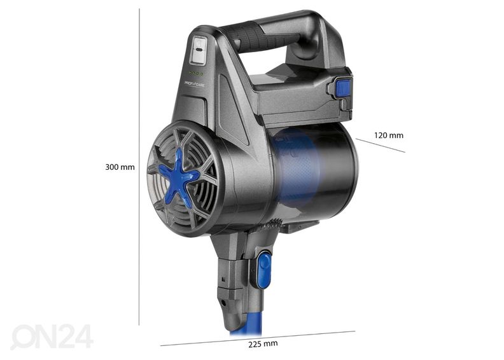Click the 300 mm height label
[x=120, y=167]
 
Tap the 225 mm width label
[x=263, y=343]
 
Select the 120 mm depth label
[x=389, y=135]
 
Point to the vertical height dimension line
[x=139, y=167]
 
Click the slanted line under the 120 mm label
[x=381, y=145]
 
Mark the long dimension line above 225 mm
[x=258, y=338]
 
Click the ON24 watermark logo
[x=52, y=336]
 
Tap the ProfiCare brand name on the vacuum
[x=195, y=83]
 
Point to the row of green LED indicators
[x=197, y=74]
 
